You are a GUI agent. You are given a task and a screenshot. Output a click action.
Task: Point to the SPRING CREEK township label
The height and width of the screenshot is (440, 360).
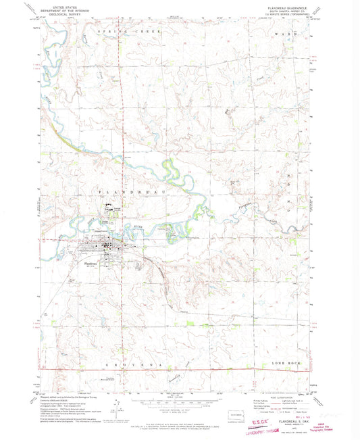click(125, 32)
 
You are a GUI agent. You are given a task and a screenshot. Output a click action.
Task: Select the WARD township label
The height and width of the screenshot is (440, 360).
click(284, 32)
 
